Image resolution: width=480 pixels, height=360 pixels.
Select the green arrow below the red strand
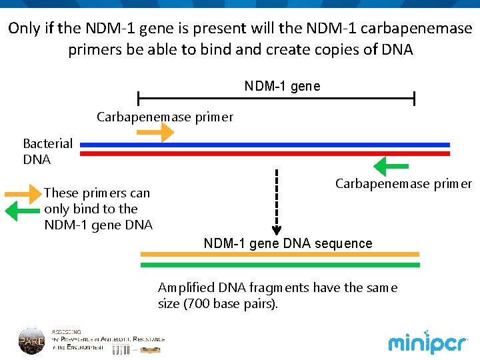coord(390,165)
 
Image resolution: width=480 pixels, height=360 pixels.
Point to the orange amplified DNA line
coord(279,254)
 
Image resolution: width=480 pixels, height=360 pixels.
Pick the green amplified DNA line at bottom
coord(279,265)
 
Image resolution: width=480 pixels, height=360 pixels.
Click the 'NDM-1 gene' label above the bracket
coord(282,86)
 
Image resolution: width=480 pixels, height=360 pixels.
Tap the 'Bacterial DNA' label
coord(47,151)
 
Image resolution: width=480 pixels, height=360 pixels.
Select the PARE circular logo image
coord(31,340)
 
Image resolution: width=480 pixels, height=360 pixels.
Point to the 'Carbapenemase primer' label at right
coord(403,183)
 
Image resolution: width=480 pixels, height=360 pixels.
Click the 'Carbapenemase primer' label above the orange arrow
coord(165,117)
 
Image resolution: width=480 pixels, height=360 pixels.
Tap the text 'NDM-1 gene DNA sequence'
coord(288,243)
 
